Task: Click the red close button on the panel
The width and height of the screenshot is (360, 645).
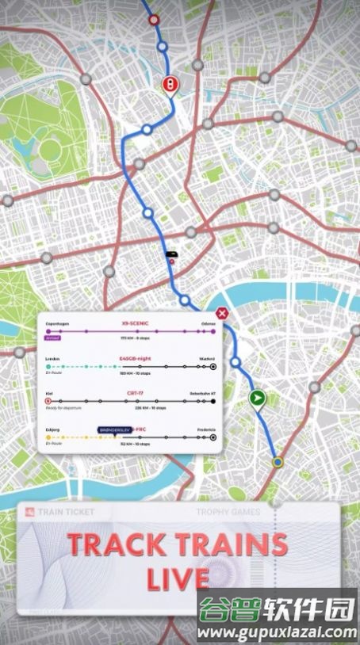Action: pyautogui.click(x=223, y=314)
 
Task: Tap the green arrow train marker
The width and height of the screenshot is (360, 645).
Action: pyautogui.click(x=256, y=398)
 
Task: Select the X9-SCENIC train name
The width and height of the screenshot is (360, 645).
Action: pyautogui.click(x=136, y=323)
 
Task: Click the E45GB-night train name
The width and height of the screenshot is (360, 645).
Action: pyautogui.click(x=133, y=358)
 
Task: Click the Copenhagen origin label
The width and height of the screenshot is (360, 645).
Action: pyautogui.click(x=59, y=323)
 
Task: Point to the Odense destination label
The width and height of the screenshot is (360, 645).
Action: pyautogui.click(x=209, y=323)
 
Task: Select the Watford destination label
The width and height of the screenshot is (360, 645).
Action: pyautogui.click(x=207, y=358)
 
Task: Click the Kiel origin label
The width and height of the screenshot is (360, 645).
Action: pyautogui.click(x=50, y=392)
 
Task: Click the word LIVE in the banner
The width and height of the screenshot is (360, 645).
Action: pyautogui.click(x=178, y=578)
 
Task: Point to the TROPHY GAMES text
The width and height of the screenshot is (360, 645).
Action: pyautogui.click(x=228, y=512)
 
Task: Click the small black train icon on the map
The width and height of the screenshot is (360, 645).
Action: pyautogui.click(x=170, y=254)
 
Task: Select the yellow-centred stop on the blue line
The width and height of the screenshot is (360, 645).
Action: pyautogui.click(x=277, y=461)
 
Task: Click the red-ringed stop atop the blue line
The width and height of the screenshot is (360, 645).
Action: pyautogui.click(x=154, y=20)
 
